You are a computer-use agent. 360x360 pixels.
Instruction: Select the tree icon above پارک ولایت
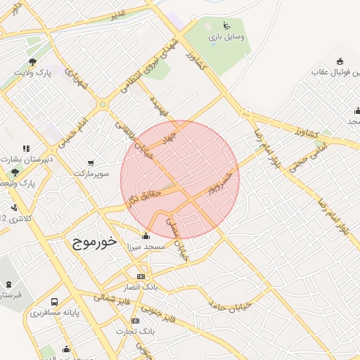(33, 61)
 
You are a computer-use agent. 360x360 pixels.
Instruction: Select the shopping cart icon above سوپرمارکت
(90, 162)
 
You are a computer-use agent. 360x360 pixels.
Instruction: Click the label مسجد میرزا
(145, 247)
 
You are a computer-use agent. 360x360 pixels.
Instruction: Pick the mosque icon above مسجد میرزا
(146, 236)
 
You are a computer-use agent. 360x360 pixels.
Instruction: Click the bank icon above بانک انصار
(141, 277)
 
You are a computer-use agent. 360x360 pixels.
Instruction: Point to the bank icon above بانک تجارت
(135, 321)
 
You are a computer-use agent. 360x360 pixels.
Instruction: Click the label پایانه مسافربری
(56, 311)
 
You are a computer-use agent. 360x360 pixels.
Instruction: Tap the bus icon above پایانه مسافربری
(54, 301)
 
